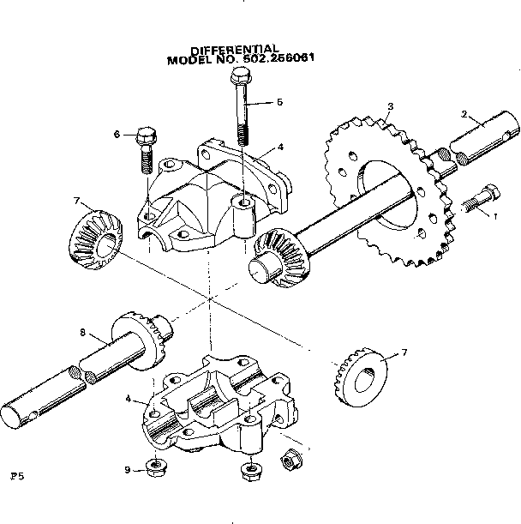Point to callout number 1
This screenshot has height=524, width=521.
point(493,216)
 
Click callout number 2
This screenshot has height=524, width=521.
point(464,114)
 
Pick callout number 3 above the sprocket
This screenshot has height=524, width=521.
point(390,107)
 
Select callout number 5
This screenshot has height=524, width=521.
point(278,101)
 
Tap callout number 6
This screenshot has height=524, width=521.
point(117,134)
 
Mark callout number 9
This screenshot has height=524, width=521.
point(126,469)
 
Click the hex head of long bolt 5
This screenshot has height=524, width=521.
point(237,79)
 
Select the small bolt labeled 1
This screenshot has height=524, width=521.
point(477,199)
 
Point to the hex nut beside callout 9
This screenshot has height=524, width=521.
point(157,467)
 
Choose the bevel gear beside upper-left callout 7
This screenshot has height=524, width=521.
point(93,238)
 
